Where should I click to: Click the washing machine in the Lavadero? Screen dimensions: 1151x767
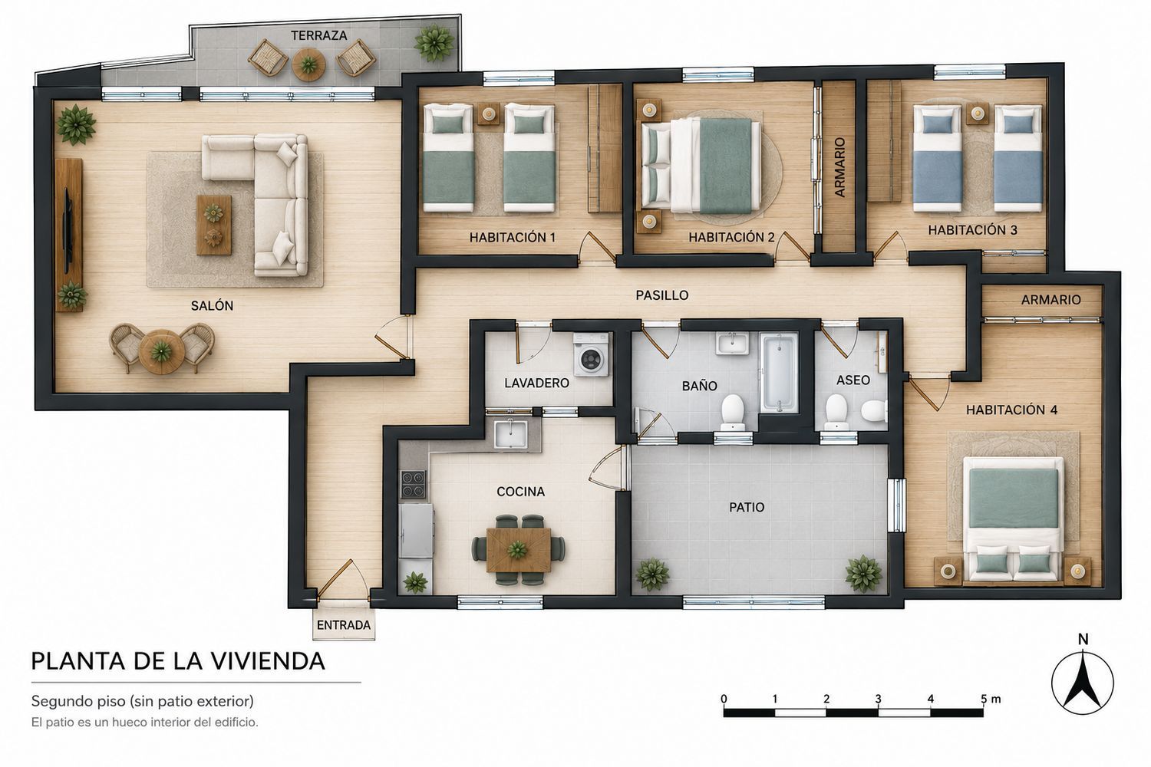[x=592, y=354]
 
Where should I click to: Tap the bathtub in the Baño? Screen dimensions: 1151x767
[x=779, y=373]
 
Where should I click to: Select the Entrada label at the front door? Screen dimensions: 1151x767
[x=343, y=625]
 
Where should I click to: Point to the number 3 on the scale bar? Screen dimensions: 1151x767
[x=878, y=699]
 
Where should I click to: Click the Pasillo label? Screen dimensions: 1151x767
[x=661, y=295]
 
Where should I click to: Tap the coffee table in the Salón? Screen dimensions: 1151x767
[x=214, y=225]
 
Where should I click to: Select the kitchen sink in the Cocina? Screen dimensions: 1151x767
[x=510, y=434]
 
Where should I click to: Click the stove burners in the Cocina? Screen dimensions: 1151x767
[x=413, y=485]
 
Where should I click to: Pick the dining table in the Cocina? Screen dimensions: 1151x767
[x=519, y=550]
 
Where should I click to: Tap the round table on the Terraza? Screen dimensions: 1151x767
[x=308, y=64]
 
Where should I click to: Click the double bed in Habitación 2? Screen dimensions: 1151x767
[x=701, y=166]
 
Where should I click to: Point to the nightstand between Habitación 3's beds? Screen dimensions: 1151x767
[x=978, y=114]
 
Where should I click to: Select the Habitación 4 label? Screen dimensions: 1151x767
[x=1011, y=410]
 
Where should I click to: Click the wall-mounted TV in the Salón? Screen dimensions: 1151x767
[x=67, y=231]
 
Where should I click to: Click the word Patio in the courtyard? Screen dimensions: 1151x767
[x=747, y=508]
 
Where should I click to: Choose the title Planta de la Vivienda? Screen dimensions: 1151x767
[x=178, y=661]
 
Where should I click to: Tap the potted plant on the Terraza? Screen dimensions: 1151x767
[x=434, y=43]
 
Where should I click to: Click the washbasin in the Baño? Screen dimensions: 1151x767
[x=732, y=343]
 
